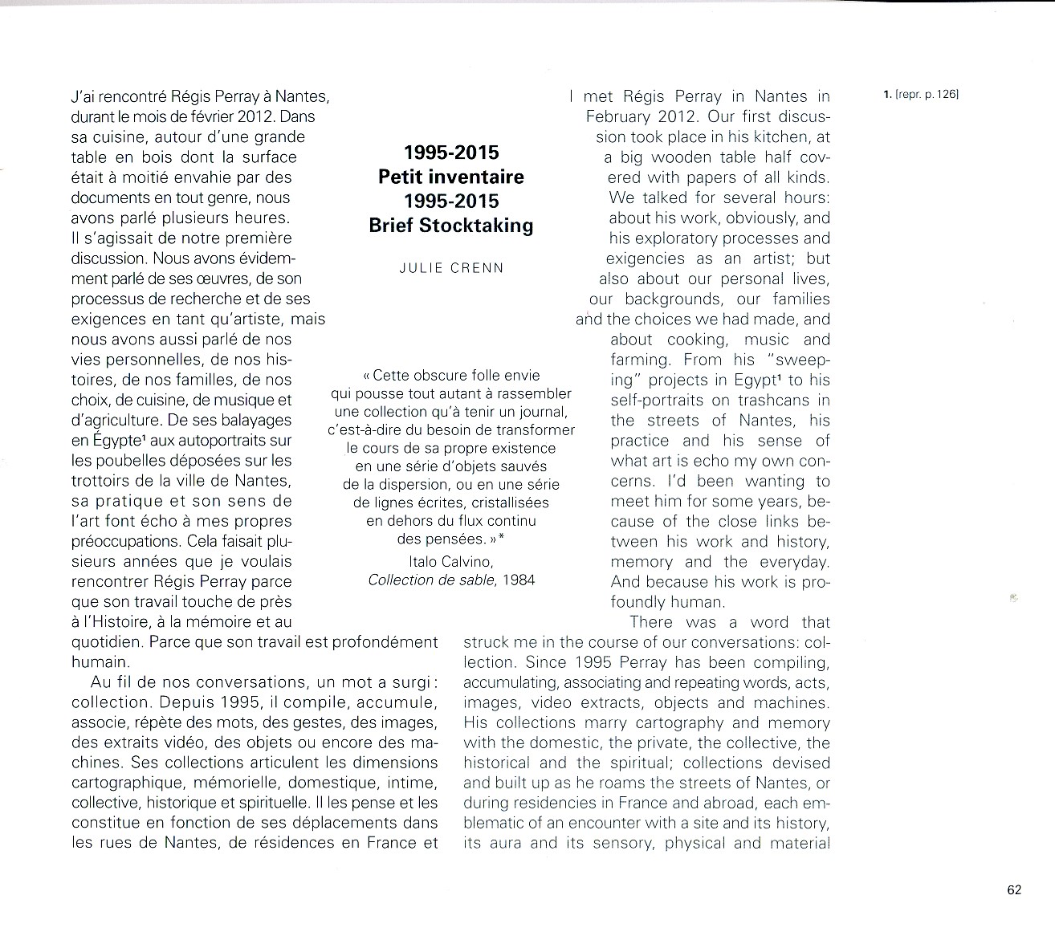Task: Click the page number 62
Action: [x=1013, y=889]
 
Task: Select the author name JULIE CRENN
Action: [x=451, y=268]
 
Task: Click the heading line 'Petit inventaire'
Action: [x=451, y=177]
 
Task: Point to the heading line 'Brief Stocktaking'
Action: [x=451, y=226]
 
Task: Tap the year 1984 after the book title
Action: [x=519, y=580]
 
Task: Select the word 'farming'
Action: [x=640, y=360]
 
